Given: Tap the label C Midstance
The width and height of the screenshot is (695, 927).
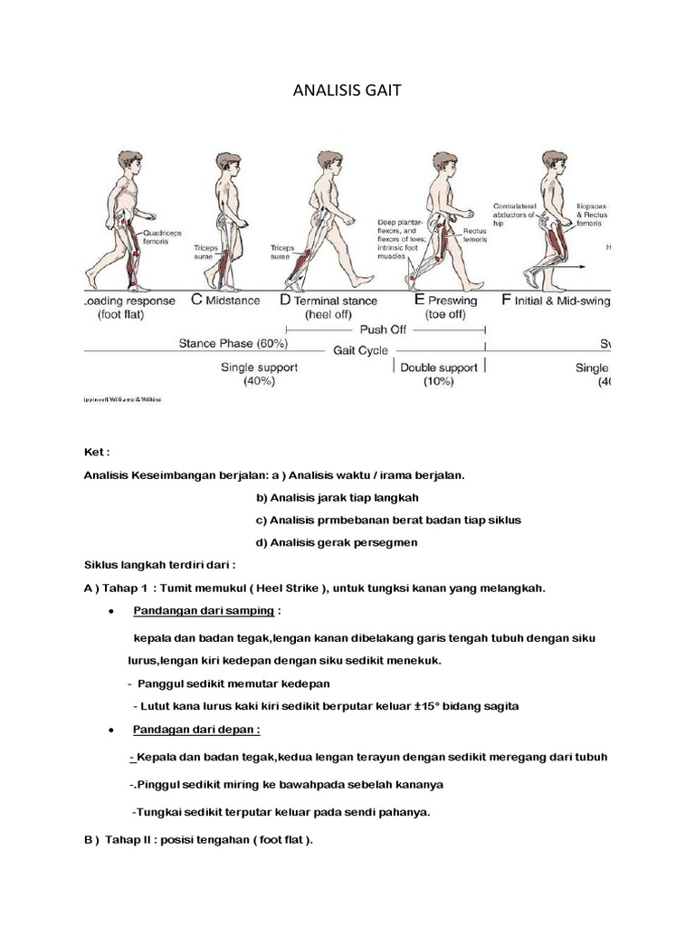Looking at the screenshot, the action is pos(225,300).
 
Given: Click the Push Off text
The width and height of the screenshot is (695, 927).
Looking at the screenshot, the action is pos(384,330).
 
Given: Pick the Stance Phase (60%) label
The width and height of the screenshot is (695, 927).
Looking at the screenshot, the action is pos(233,345).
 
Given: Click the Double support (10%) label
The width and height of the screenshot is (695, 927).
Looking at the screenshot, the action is pos(439,375).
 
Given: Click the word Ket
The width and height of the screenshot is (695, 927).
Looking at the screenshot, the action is pos(94,452).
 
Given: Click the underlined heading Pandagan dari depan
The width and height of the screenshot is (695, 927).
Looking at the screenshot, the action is pos(195,730).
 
